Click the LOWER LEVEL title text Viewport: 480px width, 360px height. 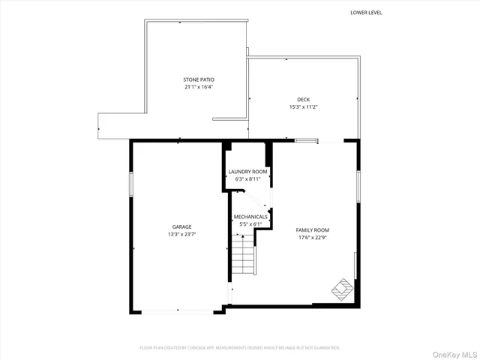366,12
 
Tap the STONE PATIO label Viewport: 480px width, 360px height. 193,79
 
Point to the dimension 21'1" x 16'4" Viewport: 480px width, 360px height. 193,87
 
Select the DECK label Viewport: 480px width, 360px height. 303,99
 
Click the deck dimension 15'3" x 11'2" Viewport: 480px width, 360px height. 303,106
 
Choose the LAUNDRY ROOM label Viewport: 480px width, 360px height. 247,172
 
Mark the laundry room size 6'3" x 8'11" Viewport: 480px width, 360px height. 247,179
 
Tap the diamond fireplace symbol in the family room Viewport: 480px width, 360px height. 341,289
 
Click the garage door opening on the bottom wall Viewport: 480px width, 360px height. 177,310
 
